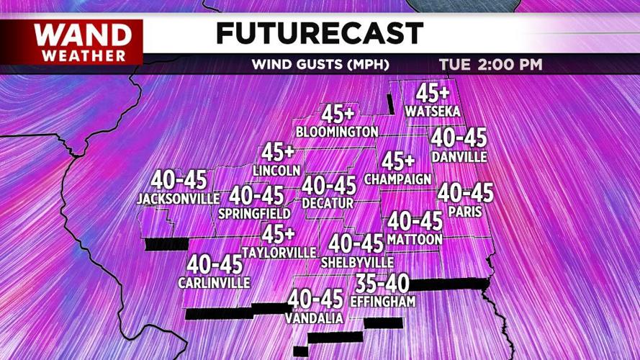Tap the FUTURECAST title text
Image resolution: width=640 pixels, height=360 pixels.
tap(320, 33)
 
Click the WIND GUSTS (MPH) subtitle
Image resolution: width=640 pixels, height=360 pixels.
tap(320, 65)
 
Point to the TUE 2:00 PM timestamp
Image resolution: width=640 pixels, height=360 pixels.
tap(490, 65)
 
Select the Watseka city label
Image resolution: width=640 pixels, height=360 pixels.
tap(433, 111)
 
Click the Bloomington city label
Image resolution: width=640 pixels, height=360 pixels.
tap(337, 132)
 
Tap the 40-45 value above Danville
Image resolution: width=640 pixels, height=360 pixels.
tap(458, 138)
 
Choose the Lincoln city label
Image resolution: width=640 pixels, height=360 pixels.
tap(276, 171)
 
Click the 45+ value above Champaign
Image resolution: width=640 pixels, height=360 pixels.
tap(399, 161)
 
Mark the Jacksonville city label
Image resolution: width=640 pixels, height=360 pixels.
tap(178, 198)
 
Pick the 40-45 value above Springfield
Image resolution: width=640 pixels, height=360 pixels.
tap(256, 195)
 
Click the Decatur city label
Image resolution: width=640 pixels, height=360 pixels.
tap(328, 204)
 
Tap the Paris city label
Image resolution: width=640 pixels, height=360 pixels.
tap(464, 212)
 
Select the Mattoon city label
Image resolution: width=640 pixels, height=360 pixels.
tap(415, 238)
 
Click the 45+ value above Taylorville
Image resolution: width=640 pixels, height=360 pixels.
tap(278, 235)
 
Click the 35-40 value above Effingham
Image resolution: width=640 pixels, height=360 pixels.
tap(382, 284)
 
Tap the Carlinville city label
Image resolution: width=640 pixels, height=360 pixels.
tap(214, 282)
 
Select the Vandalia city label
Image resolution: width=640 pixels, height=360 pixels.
tap(314, 318)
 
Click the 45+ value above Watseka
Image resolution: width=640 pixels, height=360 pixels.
tap(432, 93)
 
